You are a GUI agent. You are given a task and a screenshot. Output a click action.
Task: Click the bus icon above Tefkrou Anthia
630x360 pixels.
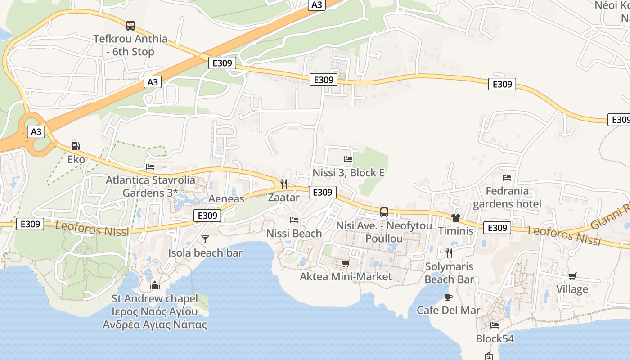coord(130,25)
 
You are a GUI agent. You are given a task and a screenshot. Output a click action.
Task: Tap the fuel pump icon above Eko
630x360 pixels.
coord(76,146)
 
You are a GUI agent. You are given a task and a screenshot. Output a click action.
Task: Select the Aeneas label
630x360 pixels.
coord(226,198)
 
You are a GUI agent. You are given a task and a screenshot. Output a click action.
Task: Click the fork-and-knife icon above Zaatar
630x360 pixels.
coord(284,184)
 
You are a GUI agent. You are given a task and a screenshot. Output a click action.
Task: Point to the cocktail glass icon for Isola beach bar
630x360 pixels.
coord(205,239)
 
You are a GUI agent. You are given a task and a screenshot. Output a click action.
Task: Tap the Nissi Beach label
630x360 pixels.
coord(294,233)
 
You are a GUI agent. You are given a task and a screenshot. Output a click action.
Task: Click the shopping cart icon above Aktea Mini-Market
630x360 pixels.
coord(346,263)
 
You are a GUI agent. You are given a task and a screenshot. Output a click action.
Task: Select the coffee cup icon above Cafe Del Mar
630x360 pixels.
coord(448,297)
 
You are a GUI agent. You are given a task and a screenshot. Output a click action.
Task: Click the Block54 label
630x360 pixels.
coord(495,338)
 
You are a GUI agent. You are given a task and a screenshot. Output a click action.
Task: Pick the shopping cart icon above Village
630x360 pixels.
coord(572,276)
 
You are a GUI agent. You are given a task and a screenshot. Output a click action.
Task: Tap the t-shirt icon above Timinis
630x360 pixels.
coord(456,218)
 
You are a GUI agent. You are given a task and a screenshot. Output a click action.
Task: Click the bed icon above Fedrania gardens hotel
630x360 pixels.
coord(507,178)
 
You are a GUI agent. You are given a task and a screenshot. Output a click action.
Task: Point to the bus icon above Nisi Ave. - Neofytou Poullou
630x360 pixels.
coord(384,212)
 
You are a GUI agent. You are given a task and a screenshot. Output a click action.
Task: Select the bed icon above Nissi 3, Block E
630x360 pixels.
coord(348,159)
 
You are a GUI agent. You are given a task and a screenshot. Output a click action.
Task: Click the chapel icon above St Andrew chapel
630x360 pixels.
coord(155,285)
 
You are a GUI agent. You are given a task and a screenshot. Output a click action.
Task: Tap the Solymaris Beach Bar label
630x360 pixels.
coord(449,273)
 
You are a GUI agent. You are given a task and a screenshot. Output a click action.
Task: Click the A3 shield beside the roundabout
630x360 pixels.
coord(36,132)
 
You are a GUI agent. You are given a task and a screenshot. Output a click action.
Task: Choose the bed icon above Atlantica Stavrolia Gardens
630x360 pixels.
coord(150,166)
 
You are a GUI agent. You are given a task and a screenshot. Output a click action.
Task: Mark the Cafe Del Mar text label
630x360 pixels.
coord(448,310)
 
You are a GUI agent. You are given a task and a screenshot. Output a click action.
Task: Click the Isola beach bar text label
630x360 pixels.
coord(205,252)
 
